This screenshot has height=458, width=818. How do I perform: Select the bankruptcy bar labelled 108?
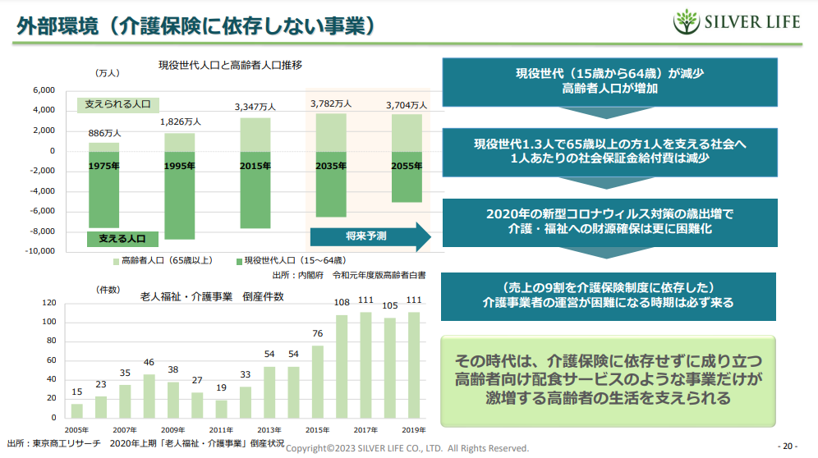coord(342,365)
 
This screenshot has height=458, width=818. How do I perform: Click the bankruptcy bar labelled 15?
coord(76,410)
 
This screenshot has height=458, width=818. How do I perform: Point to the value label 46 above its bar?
coord(149,362)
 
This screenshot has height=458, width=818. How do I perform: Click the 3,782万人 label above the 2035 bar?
coord(331,103)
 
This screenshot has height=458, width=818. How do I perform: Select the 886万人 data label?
coord(105,132)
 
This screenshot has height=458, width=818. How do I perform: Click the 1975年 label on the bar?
coord(103,165)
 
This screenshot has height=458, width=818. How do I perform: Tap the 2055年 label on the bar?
coord(407,165)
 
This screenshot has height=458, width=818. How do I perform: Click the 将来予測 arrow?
coord(370,236)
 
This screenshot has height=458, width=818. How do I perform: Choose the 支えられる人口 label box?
coord(118,105)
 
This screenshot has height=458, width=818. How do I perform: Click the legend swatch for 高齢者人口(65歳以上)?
coord(116,261)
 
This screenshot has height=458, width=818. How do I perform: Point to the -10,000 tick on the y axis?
coord(39,251)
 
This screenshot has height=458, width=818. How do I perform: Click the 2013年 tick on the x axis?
coord(269,429)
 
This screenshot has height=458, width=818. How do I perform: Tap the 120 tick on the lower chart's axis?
coord(49,303)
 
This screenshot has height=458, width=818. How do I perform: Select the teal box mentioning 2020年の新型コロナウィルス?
coord(609,222)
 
